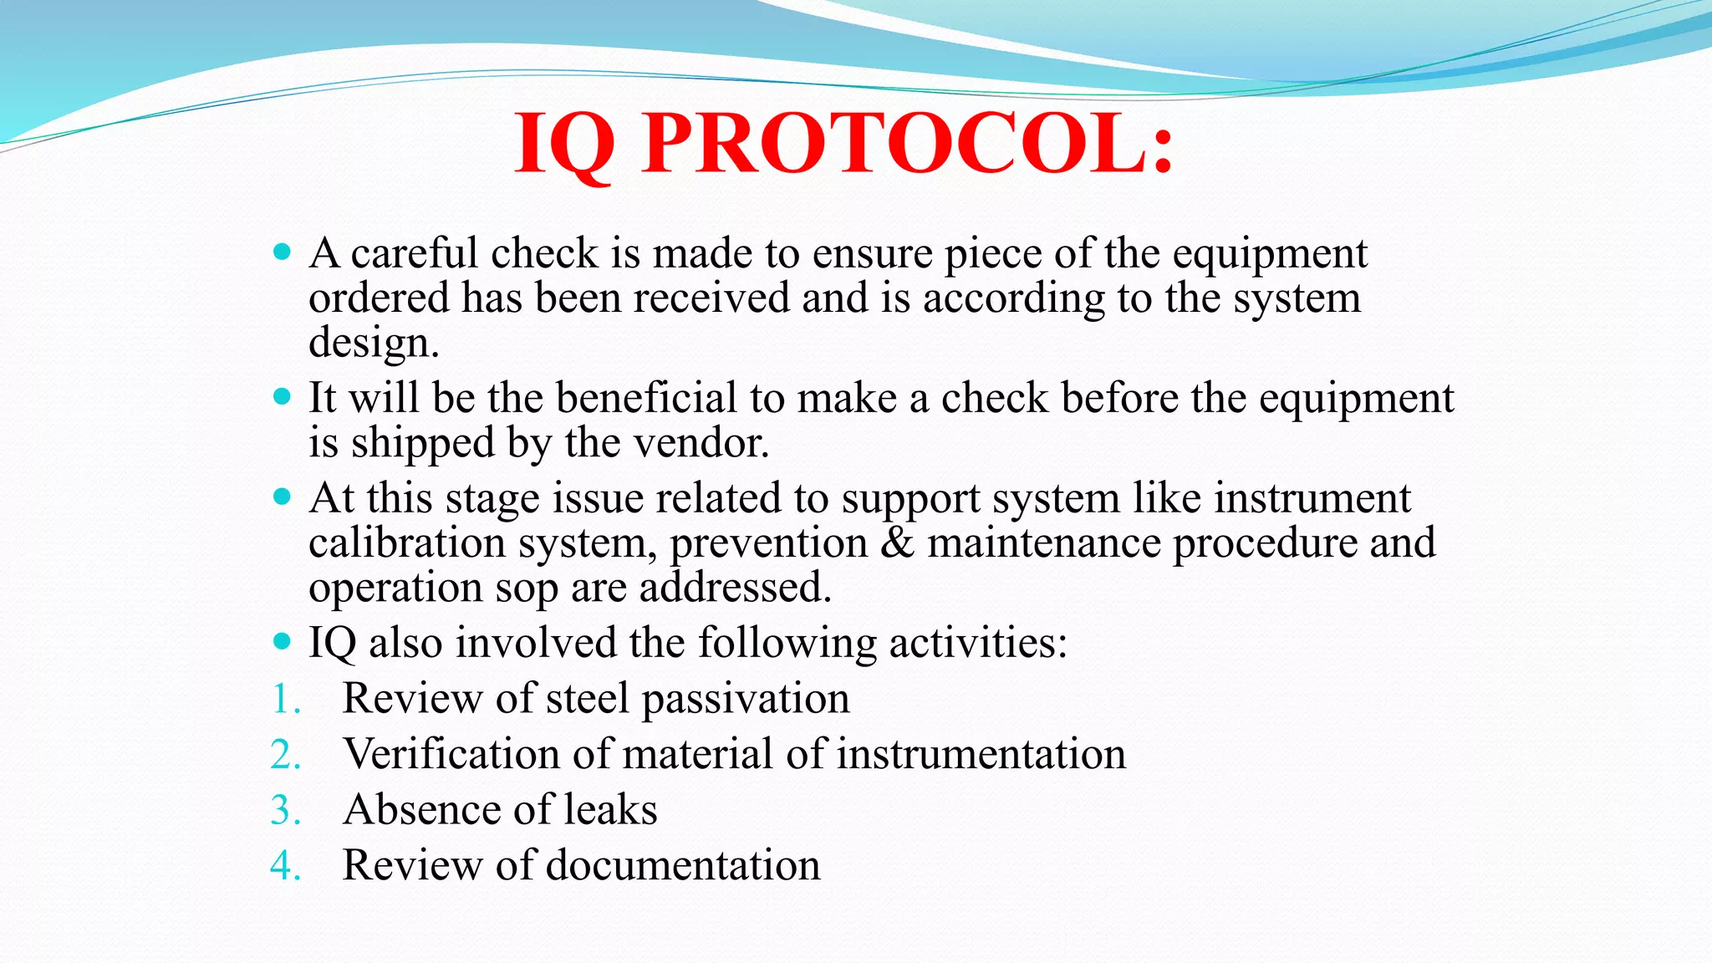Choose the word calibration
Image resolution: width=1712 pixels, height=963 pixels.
[406, 543]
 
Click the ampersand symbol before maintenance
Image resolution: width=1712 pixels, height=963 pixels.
[898, 543]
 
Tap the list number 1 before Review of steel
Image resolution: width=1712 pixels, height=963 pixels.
[284, 699]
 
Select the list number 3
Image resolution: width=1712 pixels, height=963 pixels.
[284, 810]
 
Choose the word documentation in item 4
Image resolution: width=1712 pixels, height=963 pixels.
[683, 865]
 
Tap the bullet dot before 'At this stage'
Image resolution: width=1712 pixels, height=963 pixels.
[283, 497]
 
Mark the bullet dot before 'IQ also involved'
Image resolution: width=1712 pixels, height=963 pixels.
[283, 642]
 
